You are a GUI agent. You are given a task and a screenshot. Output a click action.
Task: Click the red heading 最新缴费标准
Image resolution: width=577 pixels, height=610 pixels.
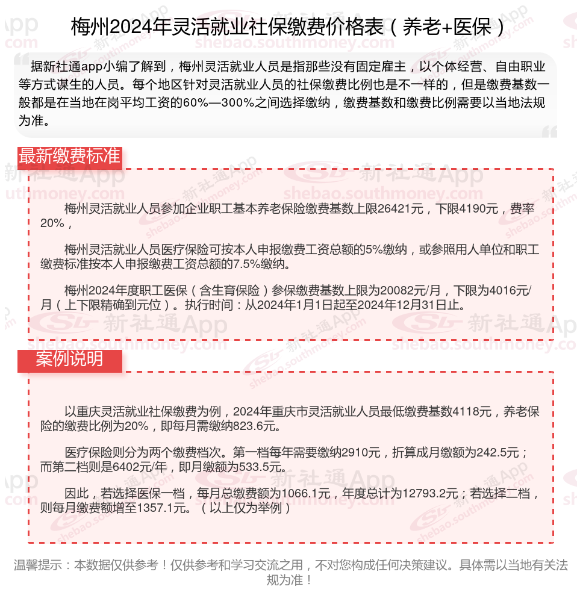[x=69, y=156]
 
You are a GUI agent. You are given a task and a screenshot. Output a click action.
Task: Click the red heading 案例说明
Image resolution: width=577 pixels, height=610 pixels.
[x=69, y=359]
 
